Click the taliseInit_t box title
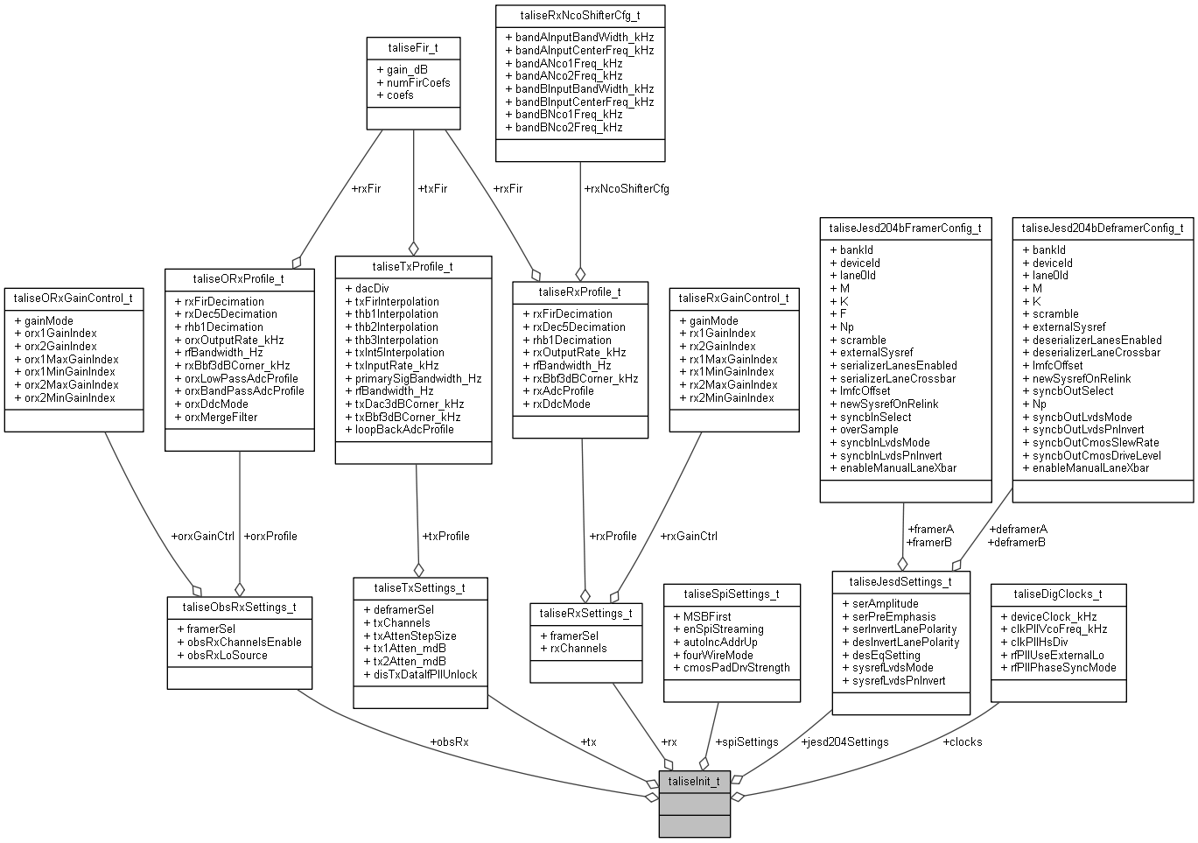point(694,781)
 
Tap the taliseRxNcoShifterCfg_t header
point(580,17)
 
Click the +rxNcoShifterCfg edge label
point(626,188)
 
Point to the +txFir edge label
point(432,188)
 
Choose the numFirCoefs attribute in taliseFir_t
point(418,82)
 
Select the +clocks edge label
point(962,741)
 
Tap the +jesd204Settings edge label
point(844,741)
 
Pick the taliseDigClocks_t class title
point(1058,594)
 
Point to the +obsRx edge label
point(449,741)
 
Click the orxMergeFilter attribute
point(221,417)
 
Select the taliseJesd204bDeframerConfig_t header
point(1103,228)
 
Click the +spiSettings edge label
point(746,741)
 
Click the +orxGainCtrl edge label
point(203,536)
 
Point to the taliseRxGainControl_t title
point(733,299)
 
